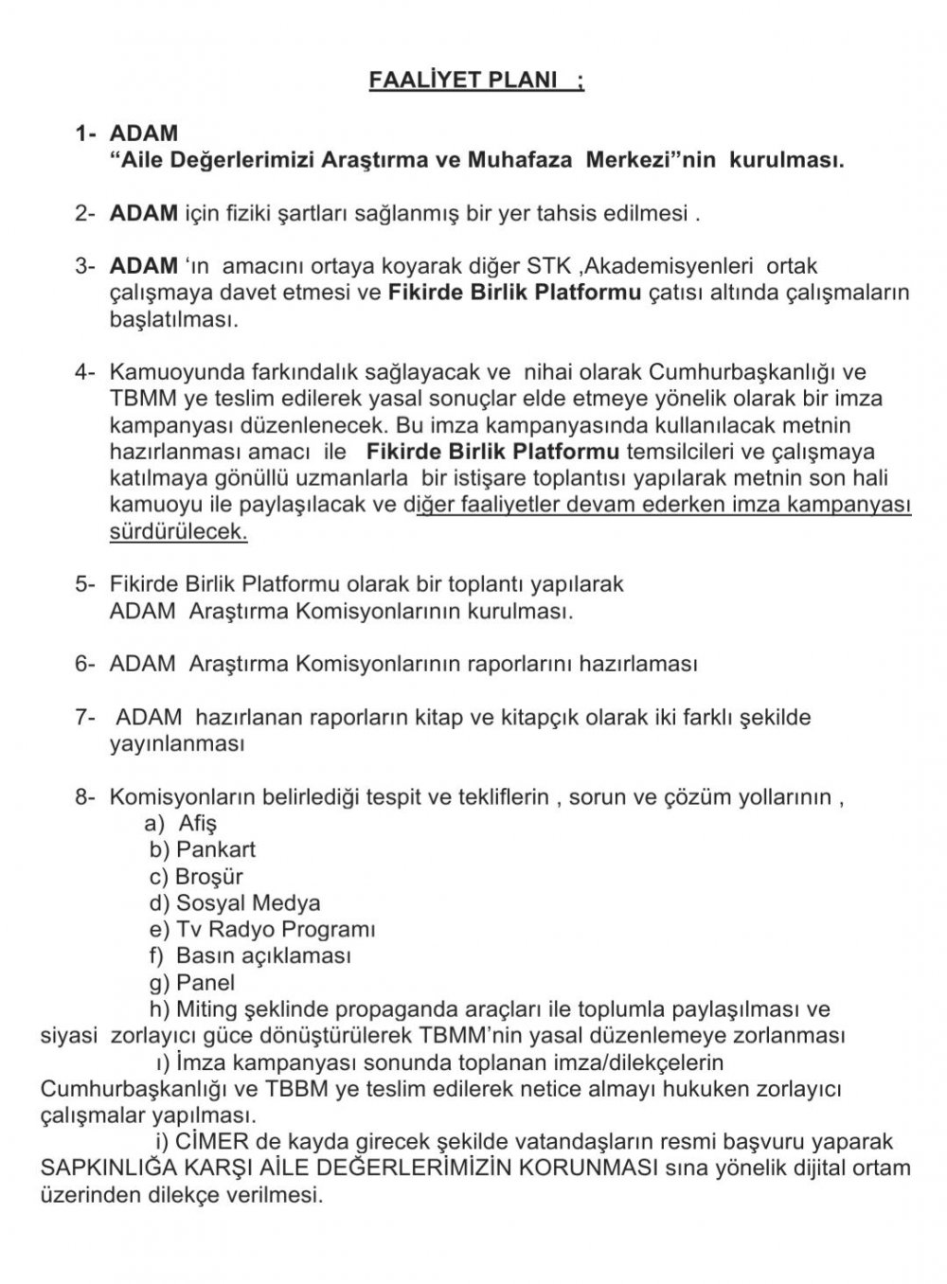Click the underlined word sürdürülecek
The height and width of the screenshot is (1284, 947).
point(178,531)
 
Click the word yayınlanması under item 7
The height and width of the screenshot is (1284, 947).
point(178,743)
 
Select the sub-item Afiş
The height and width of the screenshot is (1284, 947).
point(198,824)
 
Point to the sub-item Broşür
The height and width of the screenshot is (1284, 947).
point(210,877)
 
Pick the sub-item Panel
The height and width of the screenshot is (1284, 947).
point(205,982)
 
